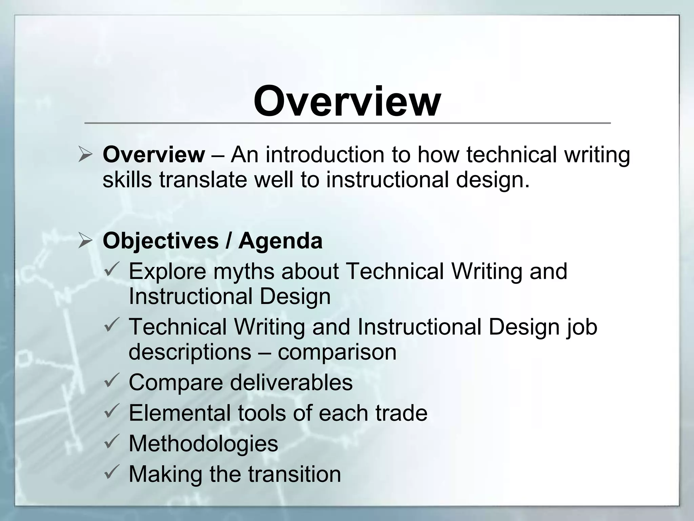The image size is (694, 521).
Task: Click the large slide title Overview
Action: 347,101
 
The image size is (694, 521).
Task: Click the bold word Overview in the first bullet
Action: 154,154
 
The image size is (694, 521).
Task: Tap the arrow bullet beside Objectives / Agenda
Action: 85,241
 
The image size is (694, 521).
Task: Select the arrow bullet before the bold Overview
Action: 85,155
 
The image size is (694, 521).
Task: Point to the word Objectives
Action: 161,242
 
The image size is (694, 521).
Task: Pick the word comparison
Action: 337,352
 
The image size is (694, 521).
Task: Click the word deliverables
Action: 291,382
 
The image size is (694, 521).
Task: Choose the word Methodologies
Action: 203,443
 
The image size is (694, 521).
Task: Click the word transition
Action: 294,474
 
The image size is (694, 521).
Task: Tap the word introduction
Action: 325,154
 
